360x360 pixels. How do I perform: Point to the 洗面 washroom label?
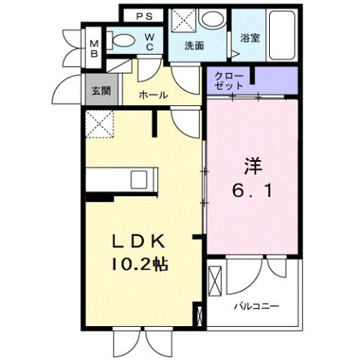(x=195, y=45)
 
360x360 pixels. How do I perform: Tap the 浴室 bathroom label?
(x=250, y=38)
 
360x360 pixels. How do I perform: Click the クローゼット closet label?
(x=228, y=81)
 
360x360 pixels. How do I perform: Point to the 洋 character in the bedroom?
(x=252, y=165)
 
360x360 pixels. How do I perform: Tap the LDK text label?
(x=138, y=242)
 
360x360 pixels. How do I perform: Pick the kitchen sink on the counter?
(x=140, y=181)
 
